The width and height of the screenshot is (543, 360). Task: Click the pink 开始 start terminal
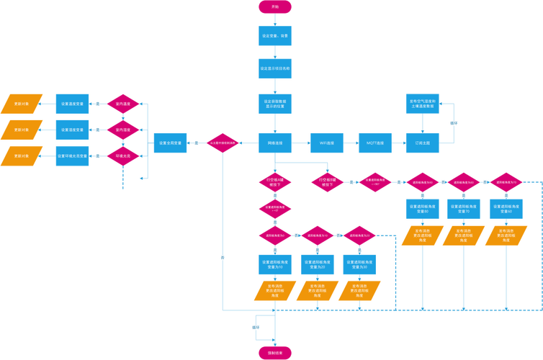[274, 6]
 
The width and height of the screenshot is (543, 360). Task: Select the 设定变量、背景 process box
[274, 35]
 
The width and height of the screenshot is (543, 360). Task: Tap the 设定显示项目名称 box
[274, 69]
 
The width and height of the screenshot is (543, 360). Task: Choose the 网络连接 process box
[274, 143]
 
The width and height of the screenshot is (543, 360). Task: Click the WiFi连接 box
[327, 143]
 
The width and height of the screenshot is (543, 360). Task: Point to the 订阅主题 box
[422, 143]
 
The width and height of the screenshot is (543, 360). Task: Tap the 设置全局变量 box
[171, 143]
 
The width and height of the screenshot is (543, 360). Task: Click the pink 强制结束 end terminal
[274, 353]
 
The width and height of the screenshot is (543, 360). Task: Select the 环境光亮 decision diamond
[122, 156]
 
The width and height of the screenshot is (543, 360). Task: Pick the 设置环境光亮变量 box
[73, 156]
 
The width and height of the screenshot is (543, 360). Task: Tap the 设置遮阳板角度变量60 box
[506, 209]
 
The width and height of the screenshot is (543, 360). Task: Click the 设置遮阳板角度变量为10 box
[274, 264]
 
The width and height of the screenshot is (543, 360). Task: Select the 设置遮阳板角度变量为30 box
[359, 264]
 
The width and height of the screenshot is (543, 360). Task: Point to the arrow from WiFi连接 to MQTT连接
[351, 143]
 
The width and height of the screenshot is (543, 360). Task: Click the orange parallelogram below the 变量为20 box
[316, 290]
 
